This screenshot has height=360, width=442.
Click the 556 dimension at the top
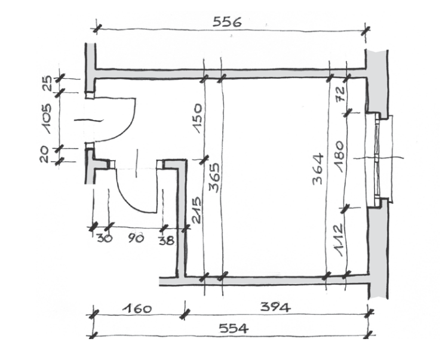[x=227, y=21]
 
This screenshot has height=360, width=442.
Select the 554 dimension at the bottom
[x=234, y=328]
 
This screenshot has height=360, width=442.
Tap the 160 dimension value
[x=137, y=309]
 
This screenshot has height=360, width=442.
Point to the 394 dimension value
[x=275, y=307]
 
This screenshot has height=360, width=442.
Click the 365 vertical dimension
[x=215, y=177]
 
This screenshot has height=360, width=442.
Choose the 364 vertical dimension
[x=318, y=169]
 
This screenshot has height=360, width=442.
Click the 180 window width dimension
[x=339, y=156]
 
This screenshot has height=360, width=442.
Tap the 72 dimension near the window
[x=340, y=94]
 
